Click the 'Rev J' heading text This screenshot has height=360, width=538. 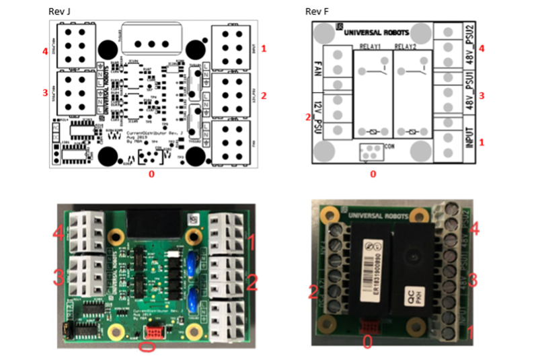(61, 12)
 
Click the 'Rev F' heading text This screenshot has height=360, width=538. (317, 12)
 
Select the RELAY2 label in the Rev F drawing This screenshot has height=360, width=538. (406, 47)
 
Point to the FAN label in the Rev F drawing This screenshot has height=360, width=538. (318, 70)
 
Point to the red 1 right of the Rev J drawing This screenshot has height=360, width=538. (264, 48)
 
